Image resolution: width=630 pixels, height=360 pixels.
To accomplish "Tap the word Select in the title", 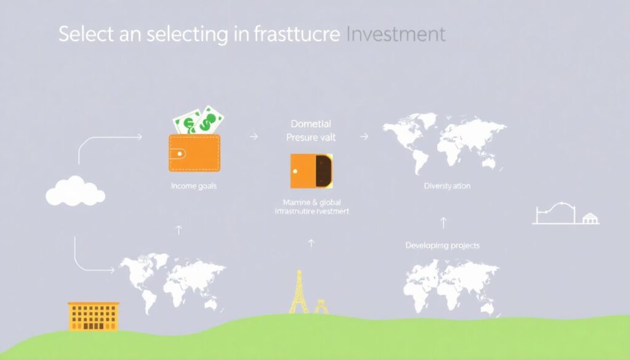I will pos(86,34).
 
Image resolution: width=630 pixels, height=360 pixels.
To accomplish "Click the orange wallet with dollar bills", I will pos(194,153).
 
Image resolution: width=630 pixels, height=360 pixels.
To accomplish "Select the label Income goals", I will pos(194,185).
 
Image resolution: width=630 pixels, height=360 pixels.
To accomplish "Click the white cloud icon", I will pos(75,191).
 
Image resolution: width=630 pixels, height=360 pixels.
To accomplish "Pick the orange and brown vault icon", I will pos(311,170).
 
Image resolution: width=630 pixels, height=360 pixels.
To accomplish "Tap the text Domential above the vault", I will pos(311,124).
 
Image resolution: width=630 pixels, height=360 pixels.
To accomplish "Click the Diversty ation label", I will pos(447,186).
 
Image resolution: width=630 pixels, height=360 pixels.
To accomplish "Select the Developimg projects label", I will pos(442,246).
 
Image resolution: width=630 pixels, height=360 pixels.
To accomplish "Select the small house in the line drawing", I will pos(591,218).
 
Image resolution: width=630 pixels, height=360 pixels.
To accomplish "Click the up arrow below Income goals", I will pos(179,230).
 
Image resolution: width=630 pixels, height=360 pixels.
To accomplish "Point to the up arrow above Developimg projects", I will pos(443,222).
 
